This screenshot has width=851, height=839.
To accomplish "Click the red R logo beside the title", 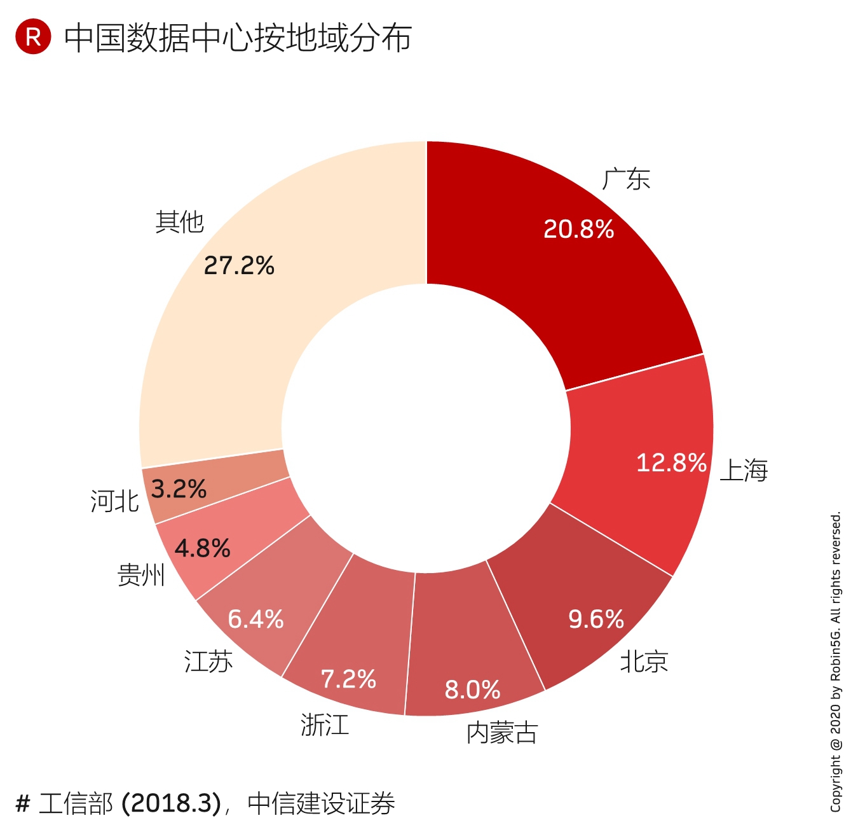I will point(33,37).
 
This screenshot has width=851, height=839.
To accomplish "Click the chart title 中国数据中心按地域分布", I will point(238,38).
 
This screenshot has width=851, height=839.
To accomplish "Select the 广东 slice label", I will point(626,179).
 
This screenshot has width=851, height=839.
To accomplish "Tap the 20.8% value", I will point(578,229).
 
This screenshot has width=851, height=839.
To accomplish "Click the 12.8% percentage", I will point(671,462).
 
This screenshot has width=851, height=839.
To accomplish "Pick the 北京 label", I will point(644,662).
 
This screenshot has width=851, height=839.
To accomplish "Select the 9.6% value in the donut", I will point(596,619).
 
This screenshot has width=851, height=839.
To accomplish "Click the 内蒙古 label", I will point(502,733).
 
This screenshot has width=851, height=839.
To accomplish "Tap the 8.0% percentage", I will point(472,690).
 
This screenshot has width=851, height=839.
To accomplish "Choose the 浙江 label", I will point(325,725).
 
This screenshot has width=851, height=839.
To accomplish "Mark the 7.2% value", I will point(348,679).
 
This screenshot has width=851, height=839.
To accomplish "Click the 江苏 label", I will point(208,662).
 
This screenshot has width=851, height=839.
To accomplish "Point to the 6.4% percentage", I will point(255,619).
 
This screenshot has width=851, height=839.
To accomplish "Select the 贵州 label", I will point(141,575).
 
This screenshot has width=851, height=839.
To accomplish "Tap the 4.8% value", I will point(202,548).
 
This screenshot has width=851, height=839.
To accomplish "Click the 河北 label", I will point(114,501).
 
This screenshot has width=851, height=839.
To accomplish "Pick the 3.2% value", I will point(179,489).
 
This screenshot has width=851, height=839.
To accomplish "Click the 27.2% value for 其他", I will point(239,266).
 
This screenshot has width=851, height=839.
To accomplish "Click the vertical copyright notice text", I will point(835,662).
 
